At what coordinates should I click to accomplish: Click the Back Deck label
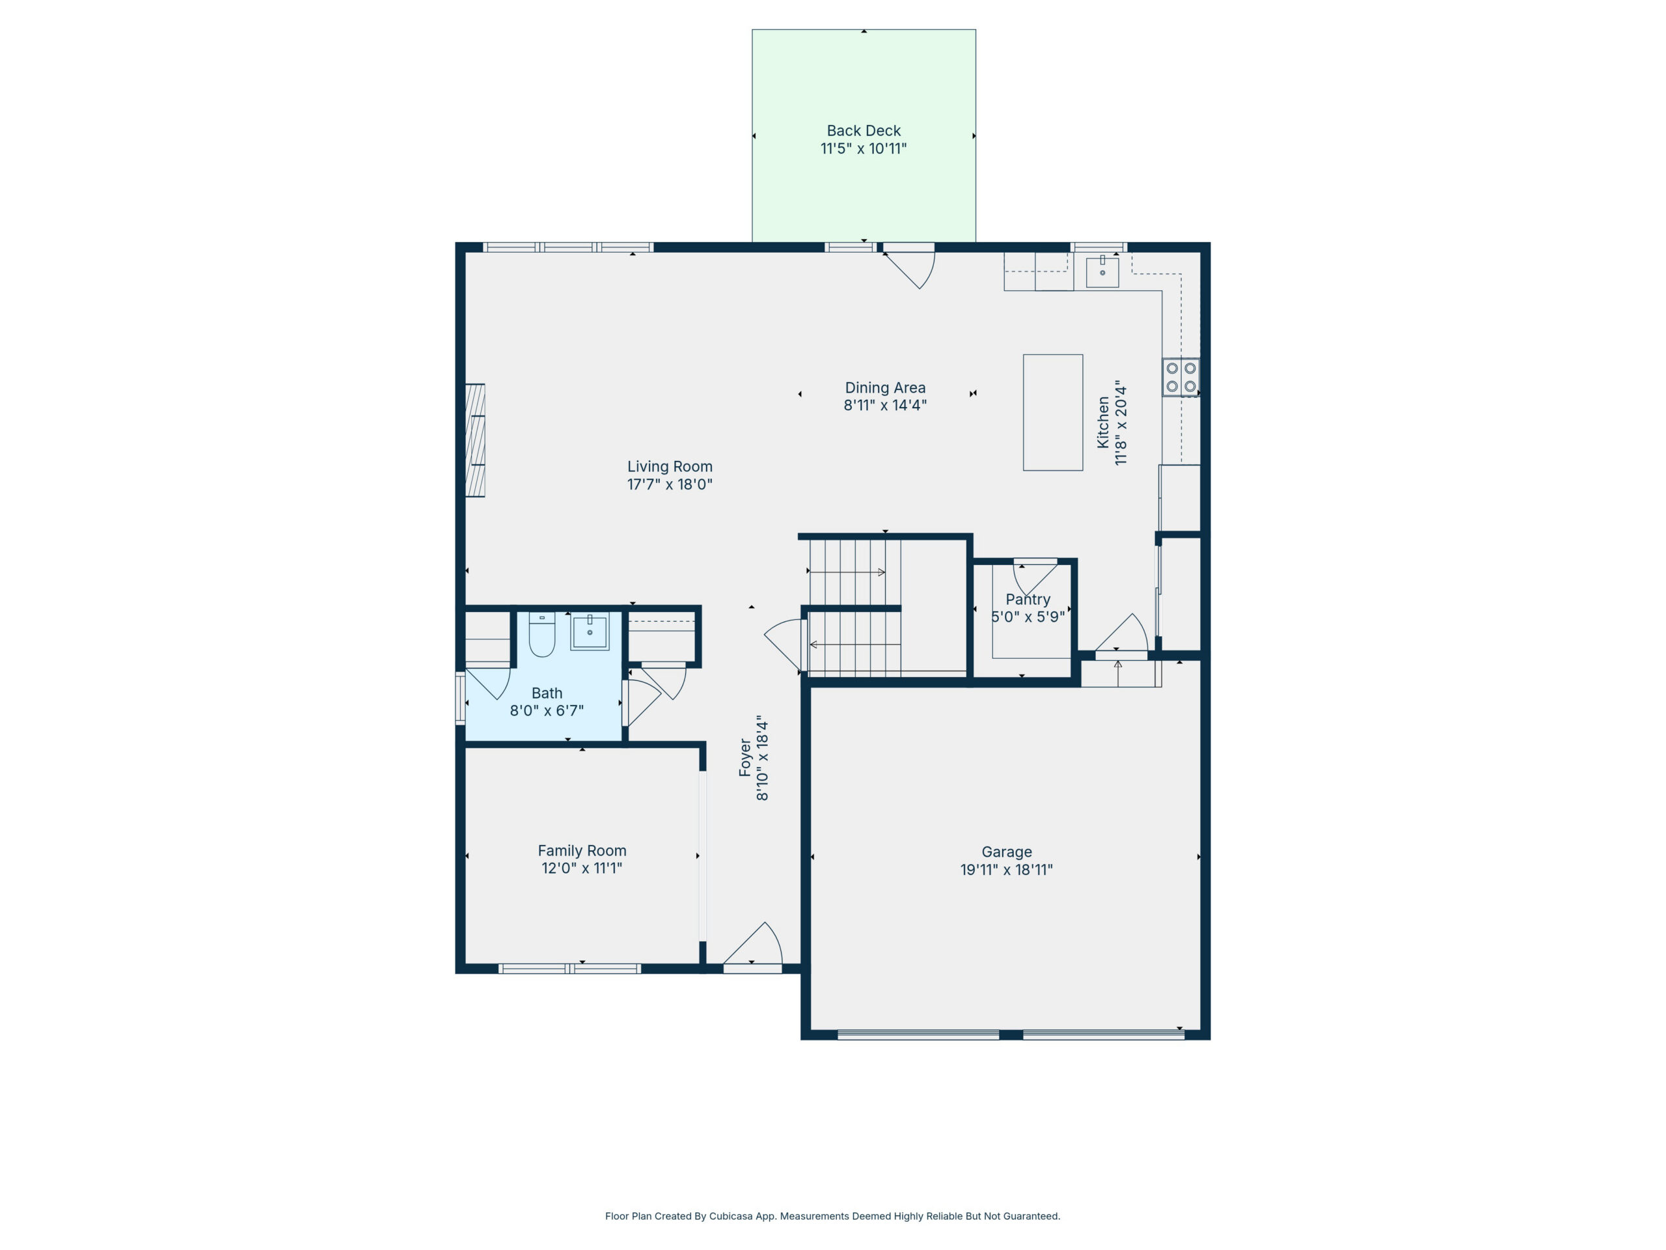[x=863, y=131]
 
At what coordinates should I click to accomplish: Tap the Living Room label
[x=670, y=466]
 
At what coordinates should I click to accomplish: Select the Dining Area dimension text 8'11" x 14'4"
[x=885, y=406]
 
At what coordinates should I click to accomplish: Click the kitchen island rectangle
[x=1053, y=413]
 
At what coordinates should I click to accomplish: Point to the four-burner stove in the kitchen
[x=1181, y=378]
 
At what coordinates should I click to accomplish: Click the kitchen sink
[x=1102, y=272]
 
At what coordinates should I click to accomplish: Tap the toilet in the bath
[x=541, y=634]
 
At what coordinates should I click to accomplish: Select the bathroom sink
[x=589, y=632]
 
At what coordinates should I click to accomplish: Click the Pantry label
[x=1028, y=600]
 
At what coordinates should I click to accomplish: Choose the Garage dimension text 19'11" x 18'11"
[x=1006, y=870]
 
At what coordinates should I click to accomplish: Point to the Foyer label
[x=745, y=758]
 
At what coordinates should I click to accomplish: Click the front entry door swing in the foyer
[x=753, y=943]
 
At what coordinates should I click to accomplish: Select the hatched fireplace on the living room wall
[x=474, y=440]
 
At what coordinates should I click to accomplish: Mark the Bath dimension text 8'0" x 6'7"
[x=547, y=710]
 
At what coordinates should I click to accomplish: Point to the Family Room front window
[x=569, y=969]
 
